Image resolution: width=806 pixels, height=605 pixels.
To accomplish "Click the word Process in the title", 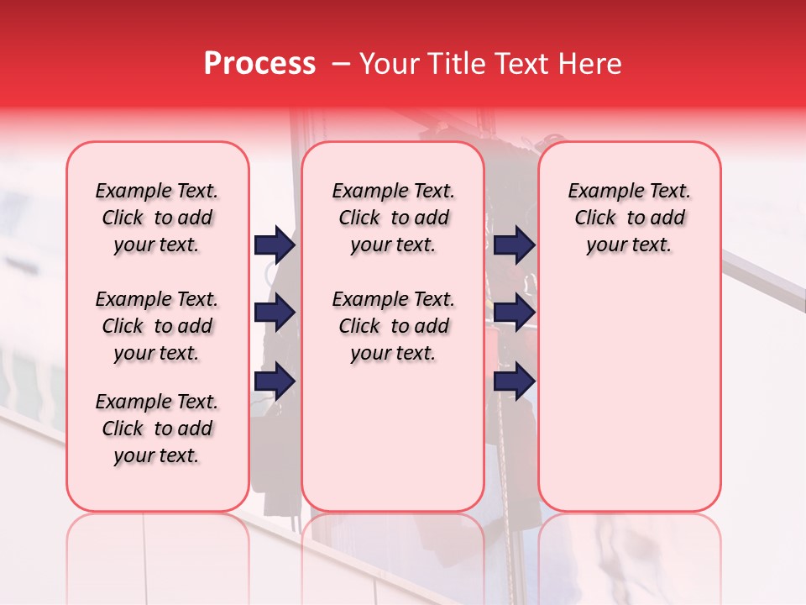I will [259, 64].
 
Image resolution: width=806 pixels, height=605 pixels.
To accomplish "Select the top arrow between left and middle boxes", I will [275, 245].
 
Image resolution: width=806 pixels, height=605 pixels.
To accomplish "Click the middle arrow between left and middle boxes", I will [275, 313].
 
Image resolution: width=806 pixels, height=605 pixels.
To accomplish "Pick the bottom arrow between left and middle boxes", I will [275, 381].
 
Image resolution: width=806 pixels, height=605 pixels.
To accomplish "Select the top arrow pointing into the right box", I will [514, 245].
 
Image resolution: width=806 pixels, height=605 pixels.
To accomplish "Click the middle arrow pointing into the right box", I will [514, 313].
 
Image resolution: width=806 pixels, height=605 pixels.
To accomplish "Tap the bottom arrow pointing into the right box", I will [514, 381].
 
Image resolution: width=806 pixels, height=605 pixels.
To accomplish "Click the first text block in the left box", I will [157, 218].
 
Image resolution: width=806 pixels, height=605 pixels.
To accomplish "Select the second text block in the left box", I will [157, 326].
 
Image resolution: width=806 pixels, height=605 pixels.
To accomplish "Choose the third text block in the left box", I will [157, 429].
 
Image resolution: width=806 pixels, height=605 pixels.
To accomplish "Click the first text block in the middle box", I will [394, 218].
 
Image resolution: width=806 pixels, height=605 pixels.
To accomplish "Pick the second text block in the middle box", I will [394, 326].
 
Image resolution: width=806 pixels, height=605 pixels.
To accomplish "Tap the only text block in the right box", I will [630, 218].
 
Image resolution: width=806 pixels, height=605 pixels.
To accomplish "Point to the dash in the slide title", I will [340, 64].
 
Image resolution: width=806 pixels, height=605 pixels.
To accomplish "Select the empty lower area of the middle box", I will [393, 437].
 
